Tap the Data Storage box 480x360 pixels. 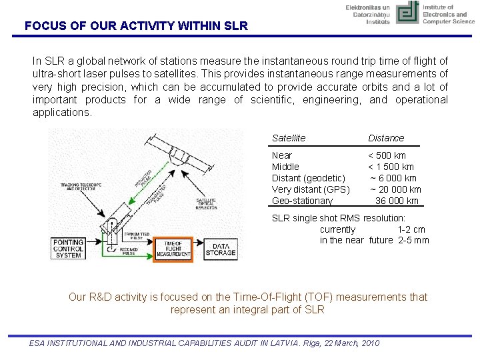click(x=220, y=249)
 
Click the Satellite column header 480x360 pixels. click(x=289, y=138)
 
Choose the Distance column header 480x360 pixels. click(x=386, y=138)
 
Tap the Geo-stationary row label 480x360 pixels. click(x=302, y=201)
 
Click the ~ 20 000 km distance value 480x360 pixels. click(x=396, y=189)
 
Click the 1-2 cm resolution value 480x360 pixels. click(x=411, y=229)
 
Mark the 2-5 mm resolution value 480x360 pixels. click(x=413, y=240)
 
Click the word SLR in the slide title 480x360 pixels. click(x=235, y=27)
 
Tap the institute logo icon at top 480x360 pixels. click(x=407, y=13)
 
